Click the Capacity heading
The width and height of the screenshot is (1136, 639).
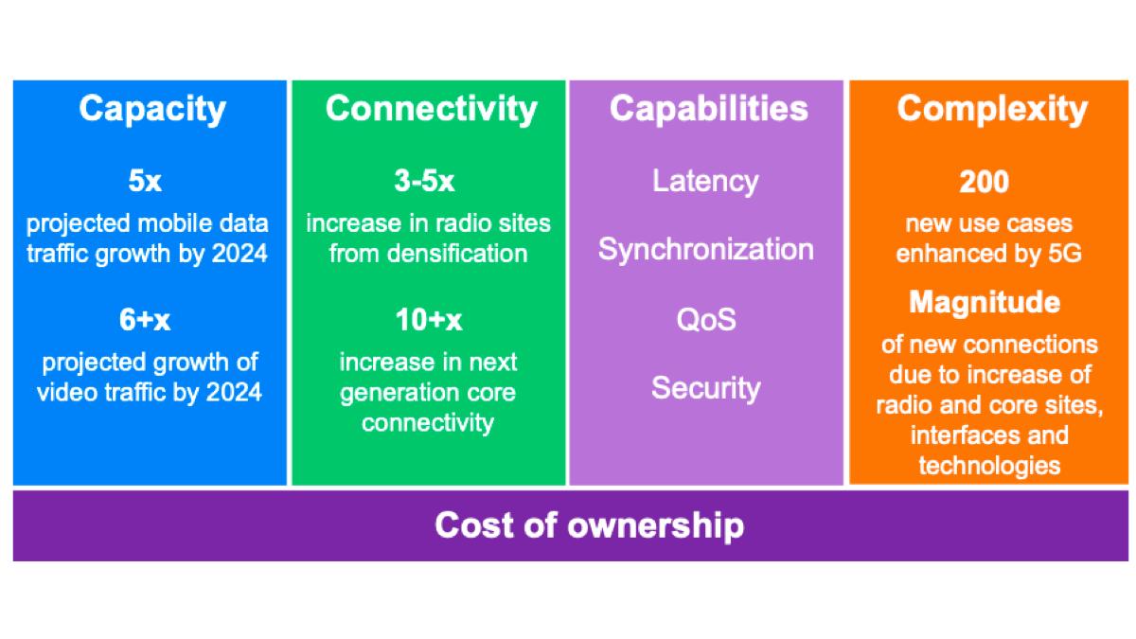[151, 109]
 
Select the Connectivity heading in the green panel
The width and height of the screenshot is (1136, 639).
[431, 109]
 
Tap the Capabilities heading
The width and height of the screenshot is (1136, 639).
[708, 109]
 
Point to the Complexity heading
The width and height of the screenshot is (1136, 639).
[992, 109]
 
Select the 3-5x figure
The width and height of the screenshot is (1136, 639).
[428, 181]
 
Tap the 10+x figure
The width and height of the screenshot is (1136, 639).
[428, 321]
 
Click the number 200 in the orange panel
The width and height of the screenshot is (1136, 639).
[985, 181]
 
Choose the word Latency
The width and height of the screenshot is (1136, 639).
[705, 181]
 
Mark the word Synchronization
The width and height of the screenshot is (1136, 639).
[705, 250]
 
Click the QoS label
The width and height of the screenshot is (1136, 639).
[705, 319]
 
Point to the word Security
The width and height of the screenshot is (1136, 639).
[705, 388]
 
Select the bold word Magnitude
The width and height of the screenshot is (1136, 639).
[985, 303]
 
